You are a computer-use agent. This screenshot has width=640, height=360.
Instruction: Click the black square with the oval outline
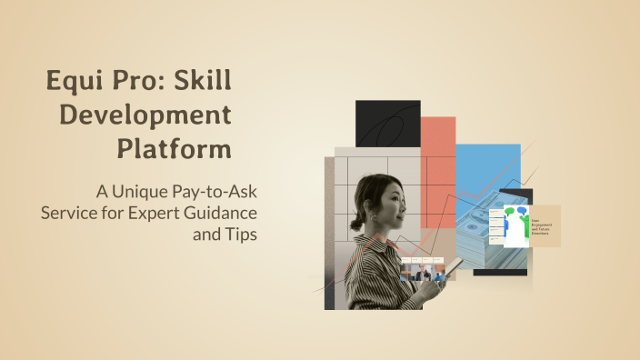pos(387,124)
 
